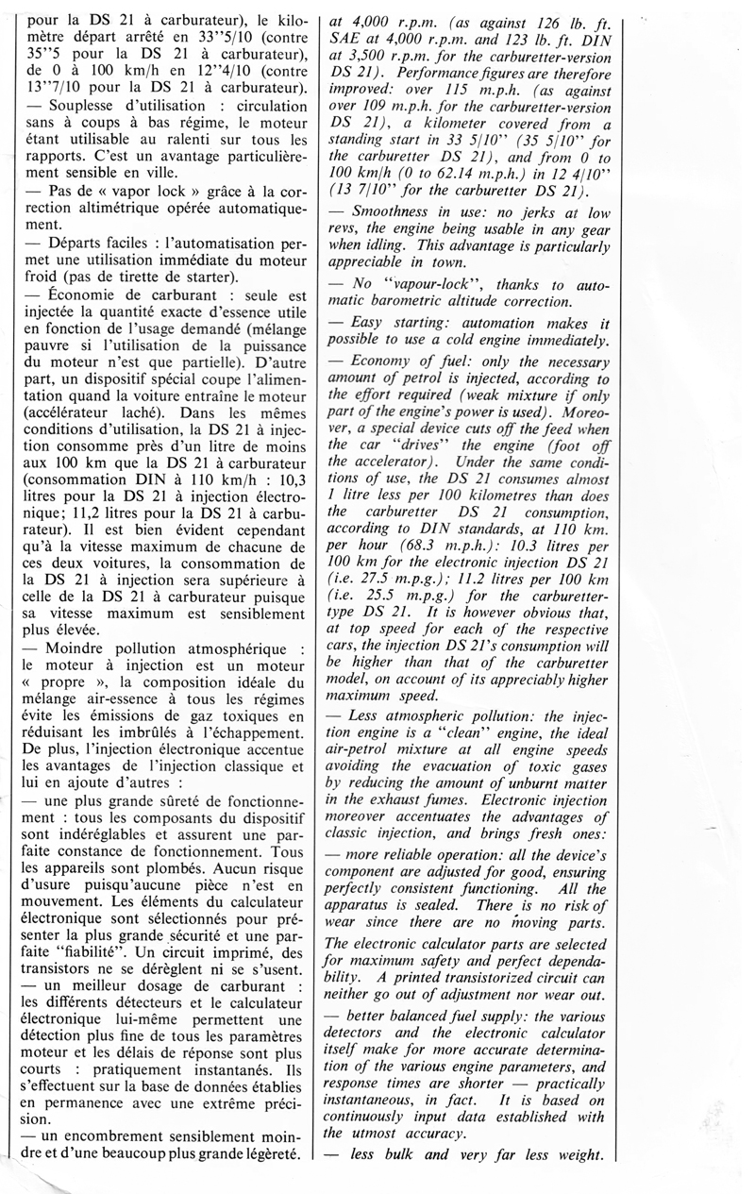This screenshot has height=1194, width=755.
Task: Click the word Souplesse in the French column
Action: point(81,106)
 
